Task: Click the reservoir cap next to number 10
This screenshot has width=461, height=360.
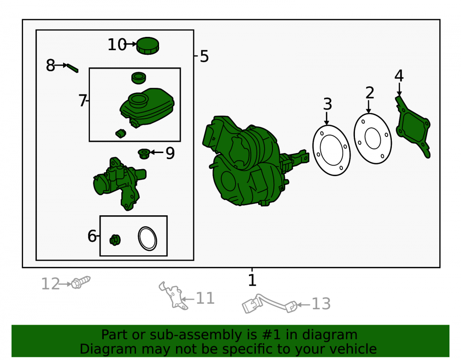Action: (x=148, y=46)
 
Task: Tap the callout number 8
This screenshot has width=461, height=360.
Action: (x=50, y=65)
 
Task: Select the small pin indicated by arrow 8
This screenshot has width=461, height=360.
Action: (x=72, y=68)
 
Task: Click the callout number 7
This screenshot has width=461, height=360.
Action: (x=83, y=100)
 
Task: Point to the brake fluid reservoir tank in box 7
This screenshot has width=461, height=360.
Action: (x=147, y=107)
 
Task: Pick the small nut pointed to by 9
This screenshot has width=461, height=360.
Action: (x=144, y=153)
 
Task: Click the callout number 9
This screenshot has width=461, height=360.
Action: (x=170, y=153)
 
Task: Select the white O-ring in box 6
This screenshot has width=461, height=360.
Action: (x=148, y=239)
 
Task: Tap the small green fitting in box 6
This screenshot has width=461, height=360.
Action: (x=115, y=240)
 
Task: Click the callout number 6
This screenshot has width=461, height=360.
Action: (x=92, y=236)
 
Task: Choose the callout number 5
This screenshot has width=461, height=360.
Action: (x=204, y=56)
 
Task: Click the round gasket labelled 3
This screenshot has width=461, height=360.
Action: (x=331, y=150)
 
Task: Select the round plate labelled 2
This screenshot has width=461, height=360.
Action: (x=373, y=138)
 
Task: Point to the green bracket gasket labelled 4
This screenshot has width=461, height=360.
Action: (x=413, y=126)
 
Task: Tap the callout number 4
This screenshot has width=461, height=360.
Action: (x=399, y=76)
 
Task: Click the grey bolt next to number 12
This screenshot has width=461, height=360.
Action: (x=81, y=282)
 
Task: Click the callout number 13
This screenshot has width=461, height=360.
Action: (x=321, y=304)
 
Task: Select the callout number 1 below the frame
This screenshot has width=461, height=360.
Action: (x=252, y=280)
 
